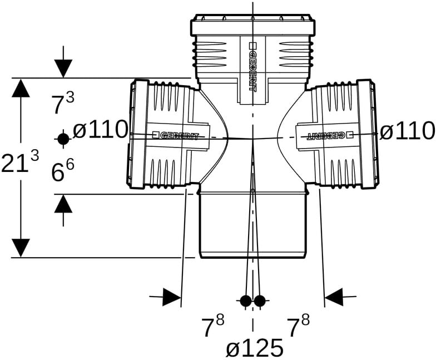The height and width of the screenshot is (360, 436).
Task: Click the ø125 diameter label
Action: (255, 348)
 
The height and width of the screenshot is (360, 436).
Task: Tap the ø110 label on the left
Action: (100, 130)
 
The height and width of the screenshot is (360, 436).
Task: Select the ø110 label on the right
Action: (407, 131)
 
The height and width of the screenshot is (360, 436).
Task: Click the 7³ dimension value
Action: (63, 103)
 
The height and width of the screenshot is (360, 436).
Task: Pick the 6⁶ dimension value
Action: (63, 170)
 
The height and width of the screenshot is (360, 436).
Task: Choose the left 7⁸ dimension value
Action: (213, 326)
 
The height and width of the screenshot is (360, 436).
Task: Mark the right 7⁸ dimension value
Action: (298, 326)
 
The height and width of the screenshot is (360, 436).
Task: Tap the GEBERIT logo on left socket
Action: (176, 136)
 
